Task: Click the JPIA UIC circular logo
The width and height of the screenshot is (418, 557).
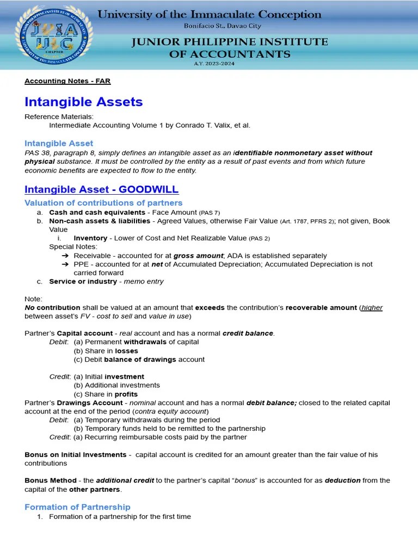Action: point(57,35)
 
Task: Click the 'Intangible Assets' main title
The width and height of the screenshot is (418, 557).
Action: point(83,102)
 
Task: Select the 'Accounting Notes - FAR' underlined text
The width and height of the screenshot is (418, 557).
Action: point(67,81)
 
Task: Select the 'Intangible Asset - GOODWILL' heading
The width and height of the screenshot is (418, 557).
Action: point(101,189)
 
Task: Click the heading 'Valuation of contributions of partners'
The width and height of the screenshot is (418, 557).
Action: point(103,203)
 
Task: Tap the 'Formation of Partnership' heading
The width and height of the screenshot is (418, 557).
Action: point(77,507)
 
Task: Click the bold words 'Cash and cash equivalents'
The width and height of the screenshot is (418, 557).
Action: point(97,212)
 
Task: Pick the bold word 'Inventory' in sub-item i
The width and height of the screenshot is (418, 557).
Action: point(90,238)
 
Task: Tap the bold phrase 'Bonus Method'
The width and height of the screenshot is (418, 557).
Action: point(50,480)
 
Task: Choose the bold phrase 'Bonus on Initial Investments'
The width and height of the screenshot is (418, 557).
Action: point(76,454)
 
